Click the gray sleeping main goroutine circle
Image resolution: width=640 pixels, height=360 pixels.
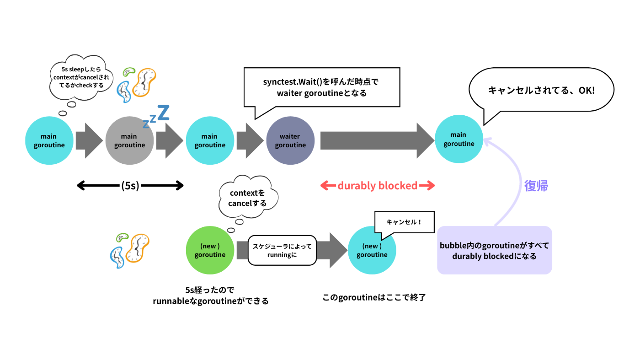click(129, 140)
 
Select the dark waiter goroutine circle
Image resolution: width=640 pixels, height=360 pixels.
click(290, 140)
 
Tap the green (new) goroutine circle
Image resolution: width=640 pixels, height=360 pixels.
click(210, 250)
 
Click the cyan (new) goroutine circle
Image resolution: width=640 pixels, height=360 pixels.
click(372, 250)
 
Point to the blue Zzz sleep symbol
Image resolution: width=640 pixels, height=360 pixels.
click(156, 116)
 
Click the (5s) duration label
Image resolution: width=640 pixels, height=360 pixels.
click(130, 186)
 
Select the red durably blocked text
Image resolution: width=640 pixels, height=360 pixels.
click(377, 186)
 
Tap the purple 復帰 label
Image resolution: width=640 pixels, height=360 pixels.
click(536, 186)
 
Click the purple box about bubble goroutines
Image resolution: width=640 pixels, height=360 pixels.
click(494, 250)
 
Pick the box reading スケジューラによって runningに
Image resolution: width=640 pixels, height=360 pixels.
click(282, 250)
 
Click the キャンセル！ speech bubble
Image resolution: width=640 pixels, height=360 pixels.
click(404, 222)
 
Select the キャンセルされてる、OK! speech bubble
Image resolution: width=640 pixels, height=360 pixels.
click(541, 91)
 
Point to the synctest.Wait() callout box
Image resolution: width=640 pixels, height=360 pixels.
click(322, 87)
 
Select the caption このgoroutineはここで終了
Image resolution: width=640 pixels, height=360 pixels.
click(374, 297)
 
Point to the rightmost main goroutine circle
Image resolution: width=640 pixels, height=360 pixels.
click(459, 139)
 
